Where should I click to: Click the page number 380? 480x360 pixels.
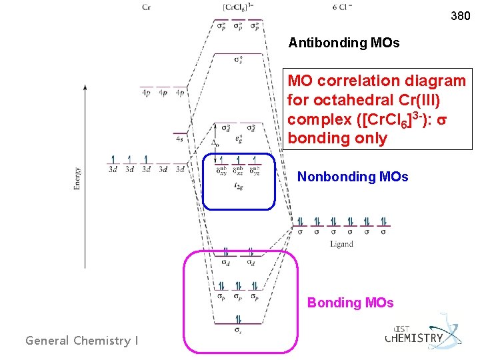pyautogui.click(x=460, y=15)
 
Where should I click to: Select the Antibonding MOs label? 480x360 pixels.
pyautogui.click(x=343, y=43)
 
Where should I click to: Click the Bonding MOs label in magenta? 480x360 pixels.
pyautogui.click(x=350, y=303)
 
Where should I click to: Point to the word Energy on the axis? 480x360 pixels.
pyautogui.click(x=78, y=179)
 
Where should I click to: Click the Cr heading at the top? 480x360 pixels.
pyautogui.click(x=145, y=7)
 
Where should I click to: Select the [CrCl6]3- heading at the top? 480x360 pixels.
pyautogui.click(x=237, y=7)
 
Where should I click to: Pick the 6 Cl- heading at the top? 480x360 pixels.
pyautogui.click(x=342, y=7)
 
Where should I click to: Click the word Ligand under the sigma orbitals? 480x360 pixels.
pyautogui.click(x=341, y=244)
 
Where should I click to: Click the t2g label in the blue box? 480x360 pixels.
pyautogui.click(x=237, y=187)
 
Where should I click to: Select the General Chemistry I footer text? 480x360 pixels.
pyautogui.click(x=82, y=341)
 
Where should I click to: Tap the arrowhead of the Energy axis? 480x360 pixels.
pyautogui.click(x=84, y=87)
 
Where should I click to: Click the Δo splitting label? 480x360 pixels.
pyautogui.click(x=215, y=143)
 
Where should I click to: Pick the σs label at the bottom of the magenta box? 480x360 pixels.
pyautogui.click(x=238, y=329)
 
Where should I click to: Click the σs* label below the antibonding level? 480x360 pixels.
pyautogui.click(x=238, y=61)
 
